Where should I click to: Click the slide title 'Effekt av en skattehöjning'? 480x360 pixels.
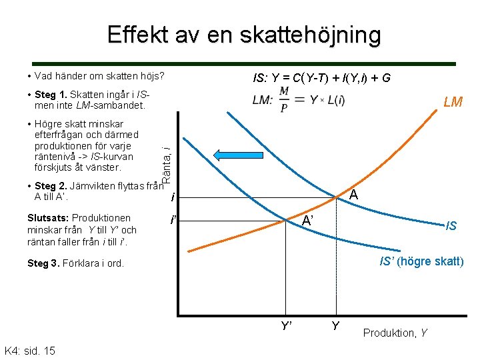click(x=244, y=35)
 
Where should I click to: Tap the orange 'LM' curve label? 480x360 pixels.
click(x=453, y=102)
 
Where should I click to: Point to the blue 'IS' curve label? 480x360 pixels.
click(x=451, y=227)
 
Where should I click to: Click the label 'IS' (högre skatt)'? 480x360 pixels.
click(x=421, y=261)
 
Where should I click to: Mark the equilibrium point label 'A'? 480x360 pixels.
click(x=354, y=195)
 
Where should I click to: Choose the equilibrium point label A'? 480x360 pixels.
click(x=307, y=221)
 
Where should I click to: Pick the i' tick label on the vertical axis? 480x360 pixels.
click(x=173, y=220)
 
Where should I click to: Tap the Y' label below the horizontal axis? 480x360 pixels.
click(x=287, y=327)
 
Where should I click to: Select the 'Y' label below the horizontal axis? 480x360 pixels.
click(x=335, y=327)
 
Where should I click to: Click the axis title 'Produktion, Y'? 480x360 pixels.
click(x=395, y=332)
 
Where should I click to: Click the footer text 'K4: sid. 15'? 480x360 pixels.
click(x=29, y=351)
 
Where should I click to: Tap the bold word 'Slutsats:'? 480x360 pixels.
click(x=48, y=218)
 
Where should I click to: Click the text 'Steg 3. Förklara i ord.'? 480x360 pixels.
click(x=75, y=263)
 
